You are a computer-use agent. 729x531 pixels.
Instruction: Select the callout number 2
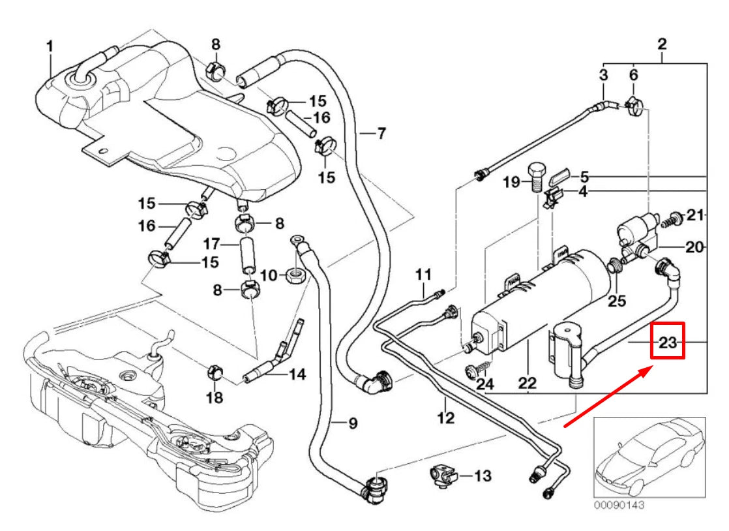click(662, 45)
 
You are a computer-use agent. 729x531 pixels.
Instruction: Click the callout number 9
click(351, 423)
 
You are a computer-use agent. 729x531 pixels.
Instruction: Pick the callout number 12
click(445, 418)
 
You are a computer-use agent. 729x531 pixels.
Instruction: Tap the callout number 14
click(297, 374)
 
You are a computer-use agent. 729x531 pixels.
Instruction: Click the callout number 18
click(215, 398)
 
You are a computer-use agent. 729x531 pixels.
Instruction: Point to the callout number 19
click(512, 182)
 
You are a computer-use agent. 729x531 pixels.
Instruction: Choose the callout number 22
click(527, 385)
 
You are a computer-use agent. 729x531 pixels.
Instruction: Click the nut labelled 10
click(294, 275)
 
